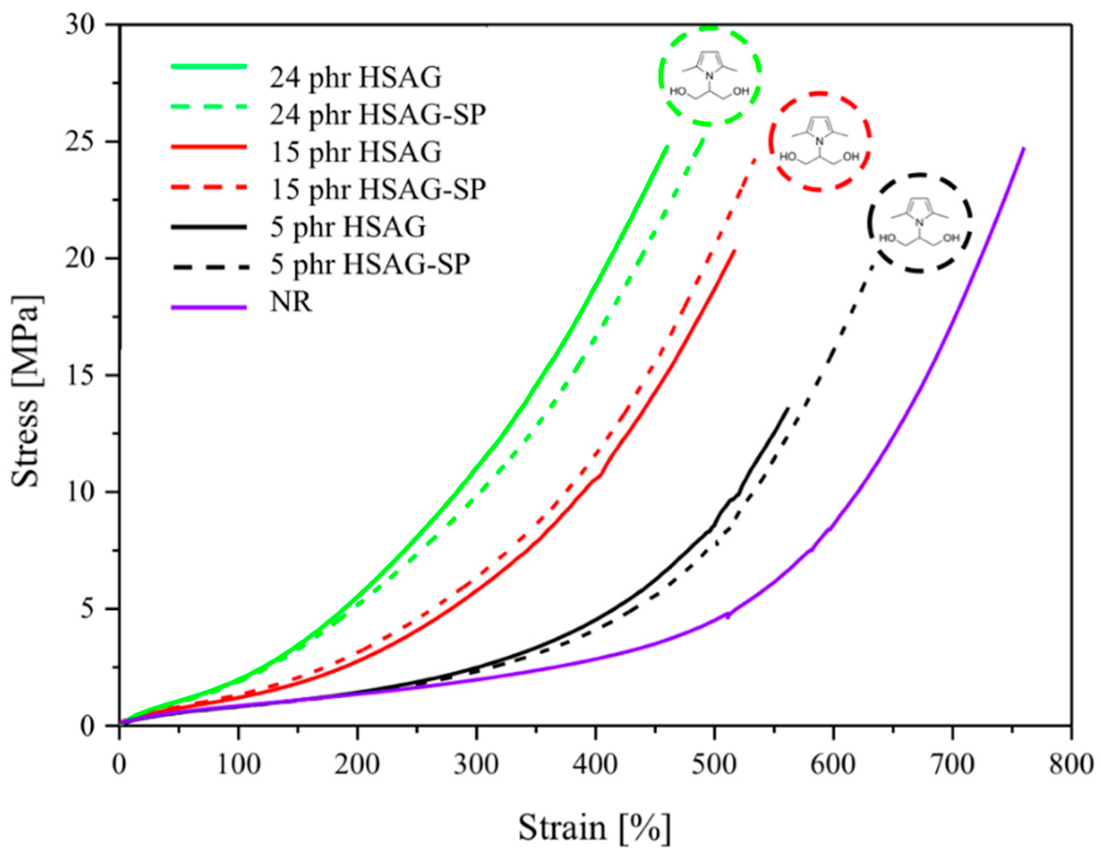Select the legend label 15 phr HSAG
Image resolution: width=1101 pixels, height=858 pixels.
tap(355, 152)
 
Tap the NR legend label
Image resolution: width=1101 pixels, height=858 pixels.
tap(291, 303)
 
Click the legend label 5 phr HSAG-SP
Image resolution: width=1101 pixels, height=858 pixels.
tap(370, 265)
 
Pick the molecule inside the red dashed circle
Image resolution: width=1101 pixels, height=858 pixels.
tap(819, 143)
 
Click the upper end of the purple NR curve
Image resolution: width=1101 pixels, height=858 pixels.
tap(1024, 148)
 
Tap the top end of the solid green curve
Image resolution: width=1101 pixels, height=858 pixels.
tap(668, 147)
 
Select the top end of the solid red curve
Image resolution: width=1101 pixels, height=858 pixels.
tap(735, 250)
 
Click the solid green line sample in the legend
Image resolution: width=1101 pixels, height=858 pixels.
tap(209, 67)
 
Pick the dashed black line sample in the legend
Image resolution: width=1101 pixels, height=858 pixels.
tap(209, 266)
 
